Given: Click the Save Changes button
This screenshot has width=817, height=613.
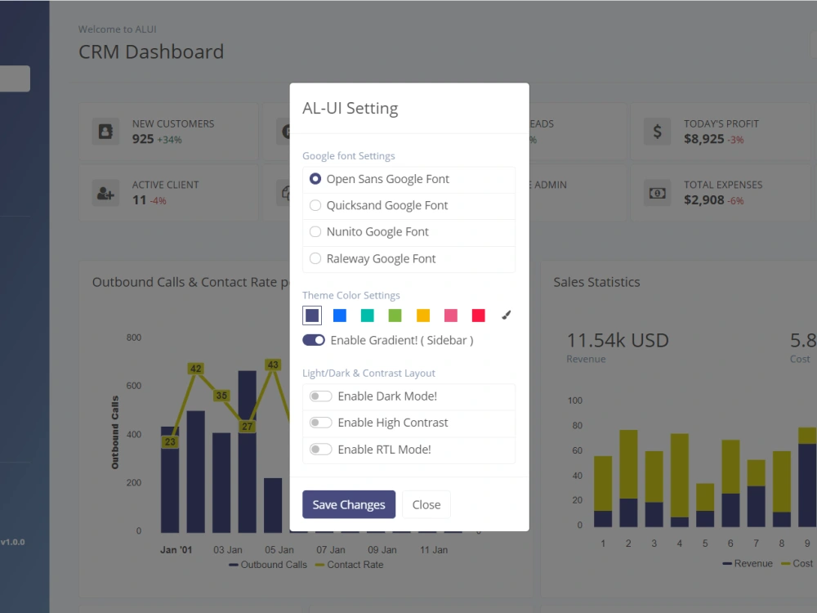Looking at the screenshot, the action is tap(349, 504).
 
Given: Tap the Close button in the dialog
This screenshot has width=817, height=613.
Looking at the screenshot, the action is tap(426, 504).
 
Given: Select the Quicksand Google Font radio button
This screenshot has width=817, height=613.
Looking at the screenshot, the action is tap(315, 205).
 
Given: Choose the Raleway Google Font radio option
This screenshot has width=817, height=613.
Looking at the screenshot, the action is tap(315, 258).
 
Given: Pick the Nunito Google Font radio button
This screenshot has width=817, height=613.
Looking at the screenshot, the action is tap(315, 231).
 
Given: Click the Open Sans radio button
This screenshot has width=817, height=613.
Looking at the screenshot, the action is tap(315, 179).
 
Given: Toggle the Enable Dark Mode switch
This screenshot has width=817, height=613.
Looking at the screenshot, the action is tap(320, 396).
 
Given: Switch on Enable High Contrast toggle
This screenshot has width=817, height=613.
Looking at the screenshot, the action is tap(320, 423).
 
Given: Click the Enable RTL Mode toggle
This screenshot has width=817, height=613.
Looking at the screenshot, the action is tap(320, 449).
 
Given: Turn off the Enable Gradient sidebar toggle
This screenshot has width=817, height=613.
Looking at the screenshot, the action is tap(314, 340).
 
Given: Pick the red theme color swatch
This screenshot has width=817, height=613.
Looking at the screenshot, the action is tap(478, 315).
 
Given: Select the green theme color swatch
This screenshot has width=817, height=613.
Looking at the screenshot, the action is tap(395, 315).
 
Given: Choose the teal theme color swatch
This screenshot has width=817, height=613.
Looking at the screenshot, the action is tap(368, 315).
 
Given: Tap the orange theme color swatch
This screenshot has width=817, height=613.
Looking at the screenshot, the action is tap(423, 315).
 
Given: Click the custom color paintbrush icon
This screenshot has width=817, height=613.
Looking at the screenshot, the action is tap(506, 315).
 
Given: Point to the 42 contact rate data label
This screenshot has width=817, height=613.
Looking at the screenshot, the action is tap(195, 369).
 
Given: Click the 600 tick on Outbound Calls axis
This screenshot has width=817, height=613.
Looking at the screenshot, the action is tap(134, 386).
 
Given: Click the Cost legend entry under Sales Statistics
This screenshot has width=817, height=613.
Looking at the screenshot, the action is tap(797, 563).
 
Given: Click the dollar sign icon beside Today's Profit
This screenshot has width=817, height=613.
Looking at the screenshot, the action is tap(657, 132).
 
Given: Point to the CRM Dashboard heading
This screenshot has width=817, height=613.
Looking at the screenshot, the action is tap(151, 51).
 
